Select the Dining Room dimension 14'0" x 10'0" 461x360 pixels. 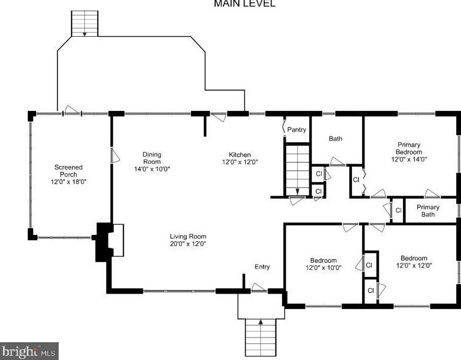(x=152, y=169)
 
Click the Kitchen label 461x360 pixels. (x=240, y=154)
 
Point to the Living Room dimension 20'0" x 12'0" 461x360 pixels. (x=188, y=243)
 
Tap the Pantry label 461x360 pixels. (x=296, y=129)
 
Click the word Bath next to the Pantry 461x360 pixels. (x=335, y=139)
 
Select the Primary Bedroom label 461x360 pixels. (x=409, y=148)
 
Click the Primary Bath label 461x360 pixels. (x=428, y=211)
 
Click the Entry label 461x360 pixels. (x=262, y=267)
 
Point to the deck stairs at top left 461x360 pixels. (x=85, y=22)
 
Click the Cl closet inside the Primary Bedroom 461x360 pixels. (x=356, y=179)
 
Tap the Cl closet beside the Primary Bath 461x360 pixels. (x=398, y=211)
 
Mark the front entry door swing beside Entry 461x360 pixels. (x=259, y=288)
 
